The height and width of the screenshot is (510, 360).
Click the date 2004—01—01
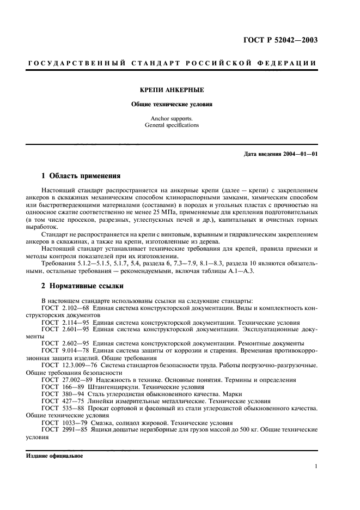[300, 154]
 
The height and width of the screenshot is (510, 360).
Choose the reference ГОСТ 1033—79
[62, 422]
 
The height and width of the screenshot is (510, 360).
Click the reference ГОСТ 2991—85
[62, 429]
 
